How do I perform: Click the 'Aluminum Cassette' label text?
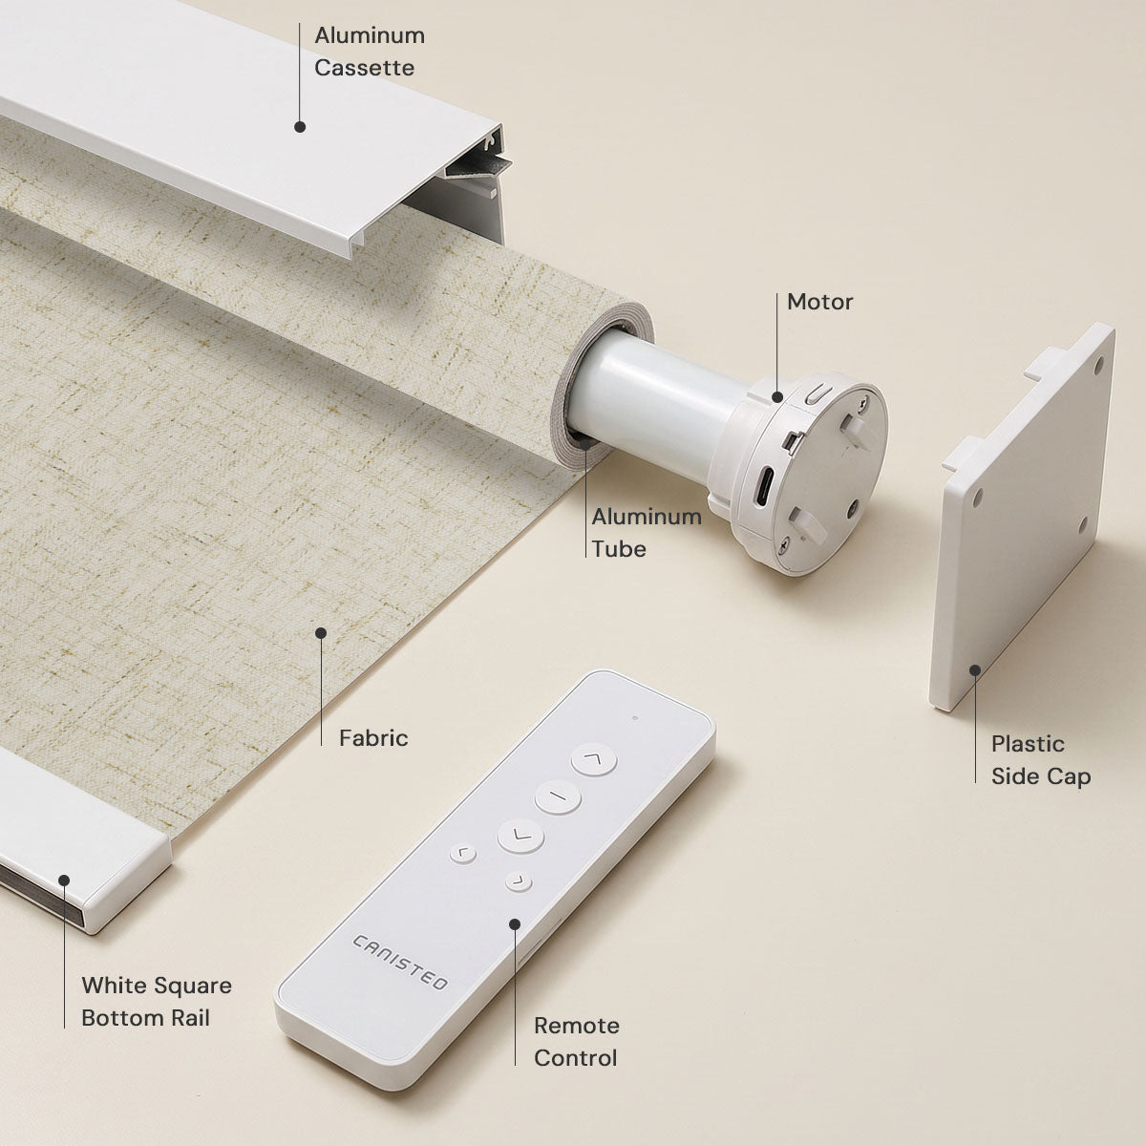coord(370,52)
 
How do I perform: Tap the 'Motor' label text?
coord(819,302)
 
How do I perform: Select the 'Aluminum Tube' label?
coord(647,532)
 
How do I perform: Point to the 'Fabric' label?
coord(373,738)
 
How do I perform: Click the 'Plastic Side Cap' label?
coord(1041,760)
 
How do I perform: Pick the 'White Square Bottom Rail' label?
coord(157,1002)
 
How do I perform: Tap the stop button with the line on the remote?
coord(557,796)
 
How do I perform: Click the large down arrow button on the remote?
coord(520,836)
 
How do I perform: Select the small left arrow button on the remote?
coord(462,854)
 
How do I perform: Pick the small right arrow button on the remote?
coord(519,881)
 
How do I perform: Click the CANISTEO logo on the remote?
coord(399,963)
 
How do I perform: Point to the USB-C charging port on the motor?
coord(765,485)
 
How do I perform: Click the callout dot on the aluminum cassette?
coord(300,127)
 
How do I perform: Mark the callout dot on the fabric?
coord(321,633)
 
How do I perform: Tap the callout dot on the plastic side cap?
coord(975,670)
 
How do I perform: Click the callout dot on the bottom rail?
coord(64,881)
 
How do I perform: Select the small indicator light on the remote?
coord(635,718)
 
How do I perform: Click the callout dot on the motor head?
coord(776,396)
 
